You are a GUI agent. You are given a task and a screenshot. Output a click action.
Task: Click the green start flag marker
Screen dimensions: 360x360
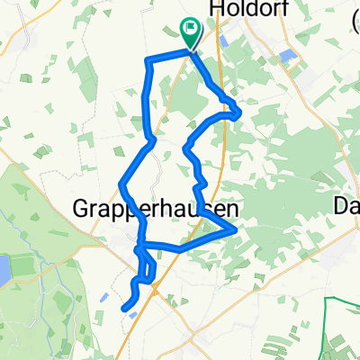pos(191,32)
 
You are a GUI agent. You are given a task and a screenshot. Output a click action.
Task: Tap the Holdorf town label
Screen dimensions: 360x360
pos(242,9)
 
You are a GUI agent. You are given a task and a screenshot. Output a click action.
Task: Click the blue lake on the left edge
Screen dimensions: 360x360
pos(4,268)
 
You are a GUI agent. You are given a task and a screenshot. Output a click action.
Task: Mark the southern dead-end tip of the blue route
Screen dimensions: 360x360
pos(123,309)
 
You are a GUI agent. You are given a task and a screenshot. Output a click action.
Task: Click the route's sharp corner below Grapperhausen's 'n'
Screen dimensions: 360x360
pos(236,230)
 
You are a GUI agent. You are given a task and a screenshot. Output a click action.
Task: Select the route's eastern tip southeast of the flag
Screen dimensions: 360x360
pos(238,112)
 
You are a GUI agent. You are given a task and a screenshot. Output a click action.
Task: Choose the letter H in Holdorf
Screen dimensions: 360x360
pos(216,9)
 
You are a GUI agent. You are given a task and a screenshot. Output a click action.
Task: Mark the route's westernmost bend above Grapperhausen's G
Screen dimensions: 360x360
pos(121,185)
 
